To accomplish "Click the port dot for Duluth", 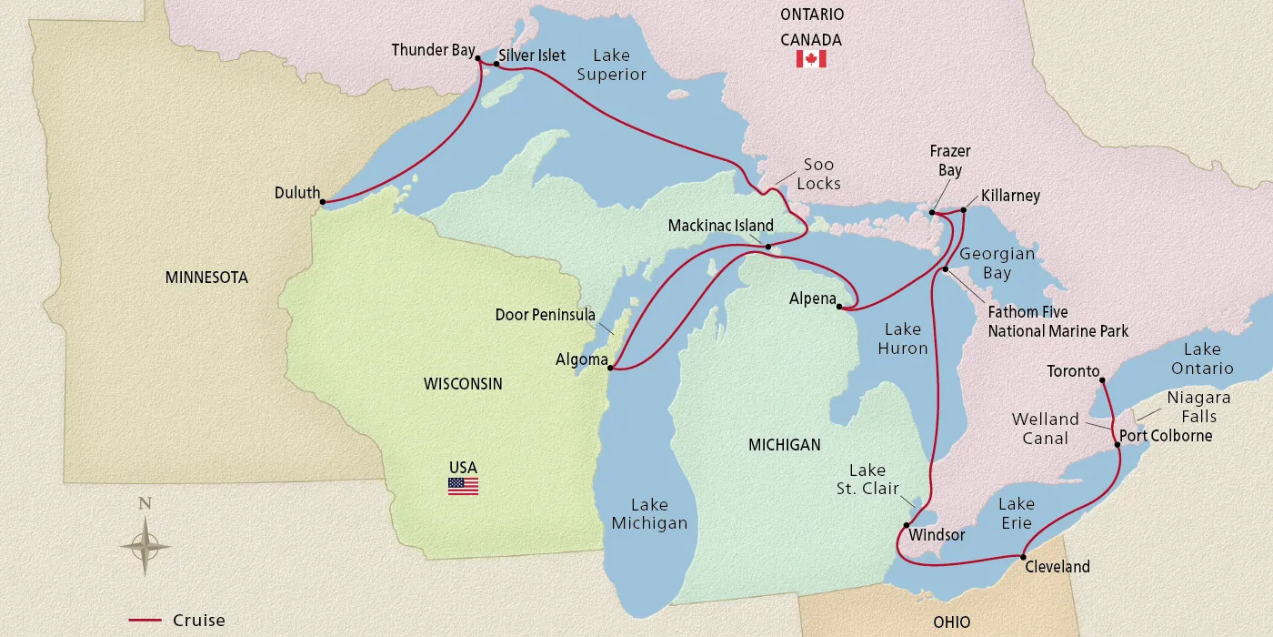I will click(324, 202).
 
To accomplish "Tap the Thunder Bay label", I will click(433, 50).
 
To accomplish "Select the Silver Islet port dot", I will click(496, 64).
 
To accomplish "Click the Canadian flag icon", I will click(810, 59).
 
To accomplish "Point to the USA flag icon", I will click(463, 486).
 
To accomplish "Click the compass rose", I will click(145, 546).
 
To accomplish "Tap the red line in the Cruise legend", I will click(145, 621).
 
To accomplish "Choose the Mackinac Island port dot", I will click(767, 247).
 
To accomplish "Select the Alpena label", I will click(812, 298).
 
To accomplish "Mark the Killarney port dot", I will click(964, 209).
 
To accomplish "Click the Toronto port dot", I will click(1101, 381).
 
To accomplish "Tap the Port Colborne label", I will click(1166, 436).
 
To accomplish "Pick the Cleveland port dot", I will click(1023, 557).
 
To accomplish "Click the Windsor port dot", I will click(906, 525).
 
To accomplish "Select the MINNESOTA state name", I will click(206, 278).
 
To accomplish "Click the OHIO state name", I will click(951, 622).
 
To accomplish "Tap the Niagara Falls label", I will click(1198, 407).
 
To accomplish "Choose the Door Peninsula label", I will click(546, 315).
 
